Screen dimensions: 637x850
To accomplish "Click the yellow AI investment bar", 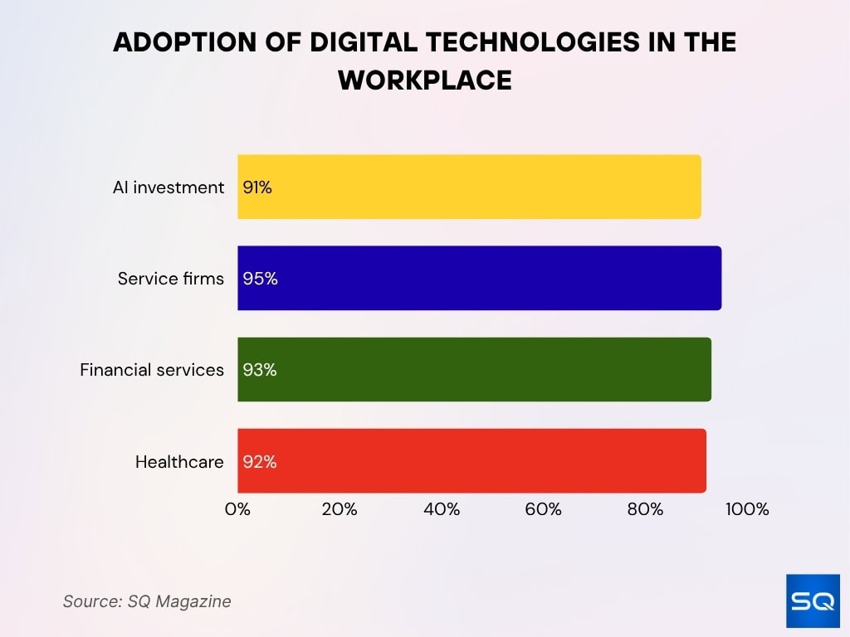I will pos(469,187).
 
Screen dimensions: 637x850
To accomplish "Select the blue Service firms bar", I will pos(479,279).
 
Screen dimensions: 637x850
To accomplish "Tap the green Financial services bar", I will pos(474,370).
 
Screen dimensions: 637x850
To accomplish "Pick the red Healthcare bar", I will pos(471,461).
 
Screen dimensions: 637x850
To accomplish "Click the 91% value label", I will pos(257,187).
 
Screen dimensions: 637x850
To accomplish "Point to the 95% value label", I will pos(260,279).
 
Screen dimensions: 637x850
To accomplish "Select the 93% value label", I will pos(260,370).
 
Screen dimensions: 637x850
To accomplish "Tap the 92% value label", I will pos(260,462).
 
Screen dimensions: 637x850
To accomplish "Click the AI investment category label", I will pos(169,187).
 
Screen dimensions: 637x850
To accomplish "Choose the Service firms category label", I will pos(171,279).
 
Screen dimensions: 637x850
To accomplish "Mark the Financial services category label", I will pos(152,370).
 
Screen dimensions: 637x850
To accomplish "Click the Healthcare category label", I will pos(179,462).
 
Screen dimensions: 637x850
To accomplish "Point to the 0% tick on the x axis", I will pos(237,509).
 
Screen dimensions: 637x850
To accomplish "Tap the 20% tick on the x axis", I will pos(339,509).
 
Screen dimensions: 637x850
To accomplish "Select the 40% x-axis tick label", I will pos(442,509).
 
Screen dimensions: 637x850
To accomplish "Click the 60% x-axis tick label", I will pos(544,509).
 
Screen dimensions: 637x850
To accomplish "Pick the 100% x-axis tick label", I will pos(747,509).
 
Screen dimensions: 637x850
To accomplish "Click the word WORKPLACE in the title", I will pos(425,80).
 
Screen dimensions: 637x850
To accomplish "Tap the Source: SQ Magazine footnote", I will pos(147,601).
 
